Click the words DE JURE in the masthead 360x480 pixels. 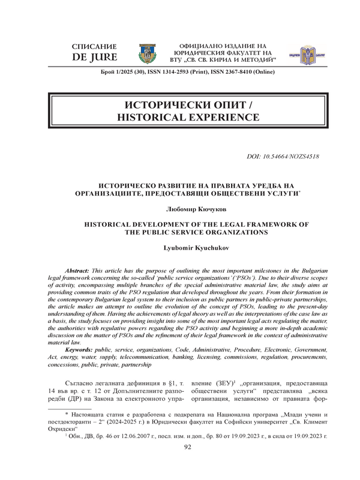[x=93, y=58]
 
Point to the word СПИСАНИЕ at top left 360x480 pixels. [x=93, y=47]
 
